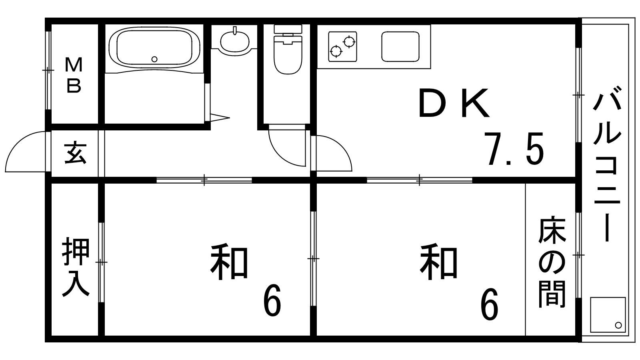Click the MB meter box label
tap(74, 75)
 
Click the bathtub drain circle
tap(155, 59)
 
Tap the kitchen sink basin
tap(400, 47)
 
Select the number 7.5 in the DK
tap(514, 149)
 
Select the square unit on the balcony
tap(607, 315)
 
